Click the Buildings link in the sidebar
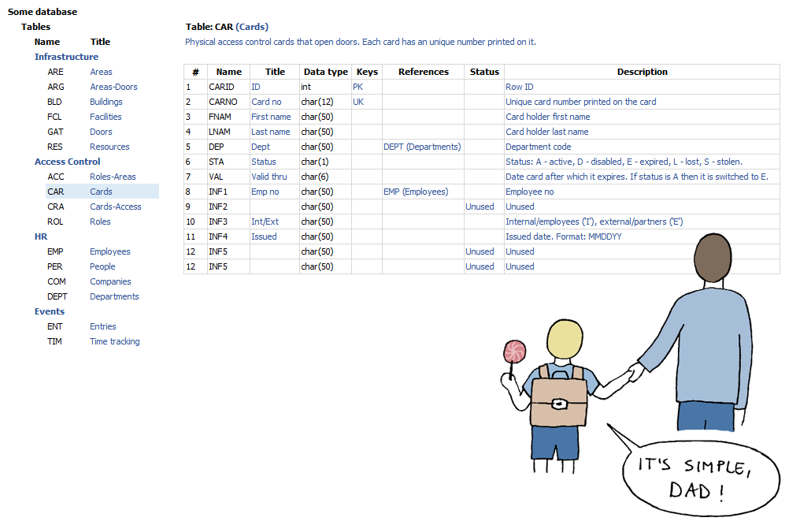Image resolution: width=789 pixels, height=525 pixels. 106,102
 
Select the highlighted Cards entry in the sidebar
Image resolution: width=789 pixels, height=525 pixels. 101,192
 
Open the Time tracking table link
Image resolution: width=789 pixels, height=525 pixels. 114,341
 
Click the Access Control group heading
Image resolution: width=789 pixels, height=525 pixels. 68,162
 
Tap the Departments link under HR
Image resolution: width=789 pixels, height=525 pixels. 114,296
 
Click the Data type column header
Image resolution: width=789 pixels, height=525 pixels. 325,72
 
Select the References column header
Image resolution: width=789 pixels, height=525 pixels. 423,72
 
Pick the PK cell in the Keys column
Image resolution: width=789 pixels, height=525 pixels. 358,87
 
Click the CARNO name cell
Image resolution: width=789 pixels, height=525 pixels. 223,102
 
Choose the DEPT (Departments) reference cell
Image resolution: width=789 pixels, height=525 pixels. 422,147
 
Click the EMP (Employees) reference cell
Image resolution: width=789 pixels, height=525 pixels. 416,192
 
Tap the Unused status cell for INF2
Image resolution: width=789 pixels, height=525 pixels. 480,207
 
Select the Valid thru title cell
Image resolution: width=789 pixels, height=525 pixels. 269,177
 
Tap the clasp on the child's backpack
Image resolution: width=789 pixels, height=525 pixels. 559,404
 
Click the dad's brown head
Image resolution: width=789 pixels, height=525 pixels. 714,259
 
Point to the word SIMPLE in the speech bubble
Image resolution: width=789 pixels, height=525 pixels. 706,467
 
